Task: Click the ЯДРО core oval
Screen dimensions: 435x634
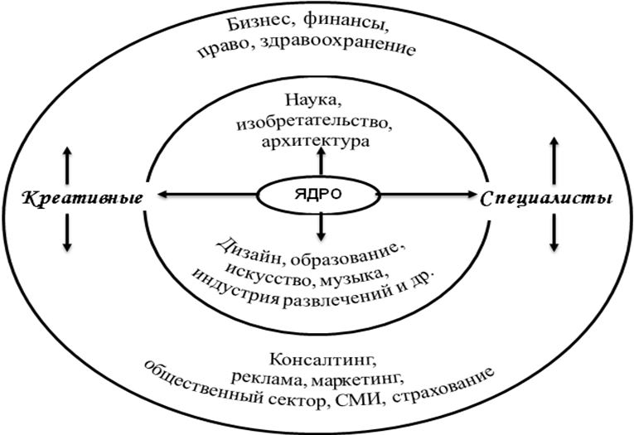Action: coord(319,196)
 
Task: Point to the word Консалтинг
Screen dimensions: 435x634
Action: coord(318,360)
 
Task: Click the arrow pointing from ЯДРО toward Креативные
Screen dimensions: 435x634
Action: coord(207,196)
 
